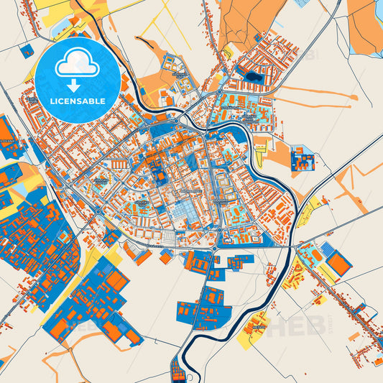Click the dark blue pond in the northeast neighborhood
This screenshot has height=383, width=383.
tap(253, 76)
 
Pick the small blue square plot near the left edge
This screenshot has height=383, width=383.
tap(27, 51)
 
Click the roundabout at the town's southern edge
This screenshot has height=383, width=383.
tap(215, 249)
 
